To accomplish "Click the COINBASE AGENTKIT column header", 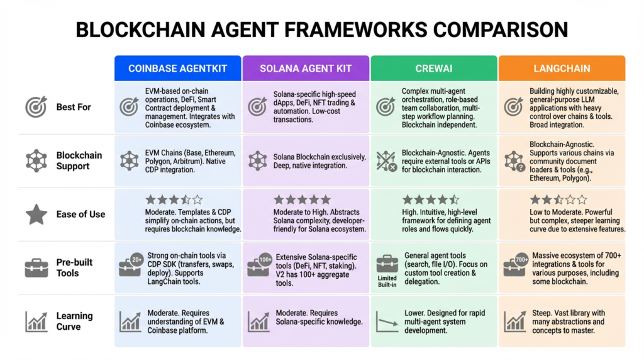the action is [x=178, y=69].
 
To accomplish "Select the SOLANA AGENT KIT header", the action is [x=306, y=69].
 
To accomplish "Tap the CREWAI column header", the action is [x=434, y=69].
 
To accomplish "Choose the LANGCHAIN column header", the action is [x=562, y=69].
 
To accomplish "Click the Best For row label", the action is [x=74, y=107].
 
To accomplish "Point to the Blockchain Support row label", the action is [x=79, y=160].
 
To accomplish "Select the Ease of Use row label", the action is [x=80, y=214].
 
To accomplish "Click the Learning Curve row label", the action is [x=74, y=321].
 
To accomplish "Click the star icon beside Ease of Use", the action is [x=36, y=215].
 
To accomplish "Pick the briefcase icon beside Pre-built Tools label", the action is [x=36, y=268].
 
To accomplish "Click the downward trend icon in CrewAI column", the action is [x=386, y=321].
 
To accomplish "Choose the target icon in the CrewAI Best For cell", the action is [x=386, y=106].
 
